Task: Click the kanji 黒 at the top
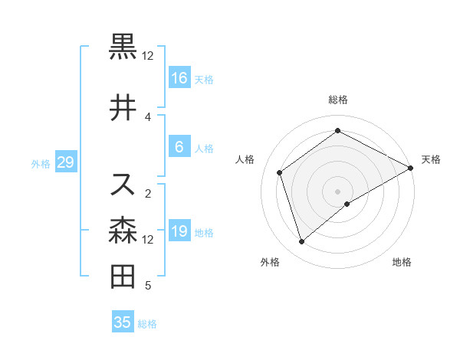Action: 123,47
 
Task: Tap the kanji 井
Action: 123,108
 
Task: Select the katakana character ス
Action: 123,184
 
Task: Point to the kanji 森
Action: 123,230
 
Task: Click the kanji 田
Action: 123,276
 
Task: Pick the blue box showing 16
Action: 179,78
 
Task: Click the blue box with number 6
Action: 179,147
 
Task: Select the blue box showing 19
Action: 179,231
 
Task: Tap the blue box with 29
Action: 65,162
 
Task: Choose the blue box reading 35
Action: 123,322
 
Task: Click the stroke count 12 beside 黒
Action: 148,56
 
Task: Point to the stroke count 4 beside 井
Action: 148,116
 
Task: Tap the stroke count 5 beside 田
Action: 148,286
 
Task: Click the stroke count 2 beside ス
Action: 148,193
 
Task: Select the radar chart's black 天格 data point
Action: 410,169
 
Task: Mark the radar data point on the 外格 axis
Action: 301,242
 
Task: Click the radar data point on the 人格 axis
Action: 280,172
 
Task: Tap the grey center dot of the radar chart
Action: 337,191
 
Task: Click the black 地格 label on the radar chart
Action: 402,262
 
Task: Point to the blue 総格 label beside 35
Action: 147,324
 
